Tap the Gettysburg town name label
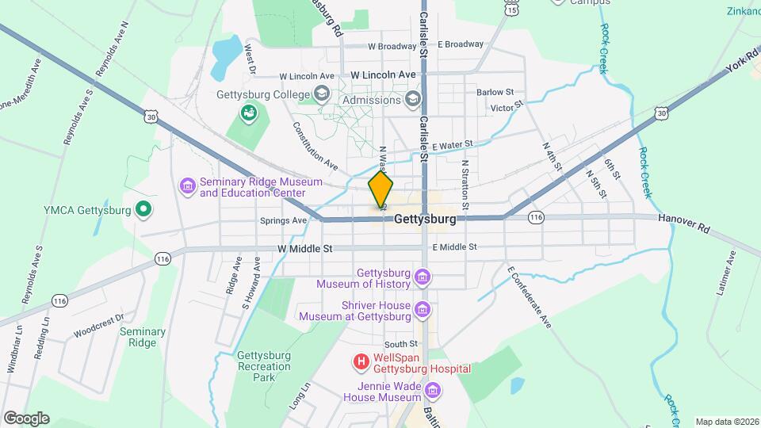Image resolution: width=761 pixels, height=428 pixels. click(x=425, y=219)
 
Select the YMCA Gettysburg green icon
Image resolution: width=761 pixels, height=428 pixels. click(x=143, y=210)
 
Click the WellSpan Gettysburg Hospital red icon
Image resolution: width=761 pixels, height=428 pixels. click(x=361, y=362)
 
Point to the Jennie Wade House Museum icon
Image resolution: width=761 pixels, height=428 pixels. click(x=433, y=391)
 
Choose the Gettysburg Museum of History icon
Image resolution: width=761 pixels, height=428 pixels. click(x=423, y=277)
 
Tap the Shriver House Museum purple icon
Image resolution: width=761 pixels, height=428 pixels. click(x=423, y=310)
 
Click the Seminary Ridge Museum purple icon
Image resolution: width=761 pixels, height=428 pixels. click(x=188, y=187)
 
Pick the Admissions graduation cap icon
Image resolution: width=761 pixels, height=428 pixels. click(x=412, y=100)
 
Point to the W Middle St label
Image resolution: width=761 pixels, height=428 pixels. click(x=305, y=248)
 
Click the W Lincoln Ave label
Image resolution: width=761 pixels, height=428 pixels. click(x=383, y=75)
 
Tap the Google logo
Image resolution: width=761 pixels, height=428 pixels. click(x=26, y=418)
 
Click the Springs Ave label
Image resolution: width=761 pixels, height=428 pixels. click(x=283, y=220)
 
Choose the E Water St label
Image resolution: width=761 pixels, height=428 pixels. click(x=453, y=146)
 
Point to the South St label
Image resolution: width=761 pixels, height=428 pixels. click(x=401, y=344)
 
